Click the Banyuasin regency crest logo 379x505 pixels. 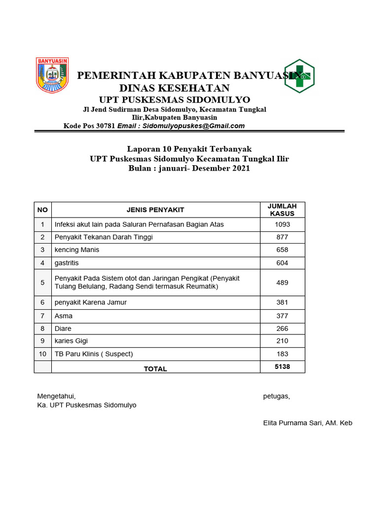(x=52, y=75)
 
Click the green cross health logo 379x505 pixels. (x=300, y=76)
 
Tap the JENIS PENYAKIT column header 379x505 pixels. (x=155, y=210)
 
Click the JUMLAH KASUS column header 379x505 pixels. (x=282, y=210)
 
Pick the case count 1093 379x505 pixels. (x=282, y=224)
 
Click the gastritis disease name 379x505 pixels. (x=67, y=263)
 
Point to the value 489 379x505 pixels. (x=282, y=283)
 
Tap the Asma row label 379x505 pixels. (x=63, y=316)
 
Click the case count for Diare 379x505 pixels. (x=282, y=328)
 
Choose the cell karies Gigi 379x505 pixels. (x=72, y=341)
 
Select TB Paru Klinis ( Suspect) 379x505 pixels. (x=94, y=354)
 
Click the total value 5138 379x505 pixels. (x=282, y=366)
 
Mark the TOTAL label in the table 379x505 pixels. (x=155, y=368)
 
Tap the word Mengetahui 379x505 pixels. (x=56, y=396)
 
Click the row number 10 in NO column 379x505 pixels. (x=42, y=354)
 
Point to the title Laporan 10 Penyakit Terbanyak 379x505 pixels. (x=189, y=149)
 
